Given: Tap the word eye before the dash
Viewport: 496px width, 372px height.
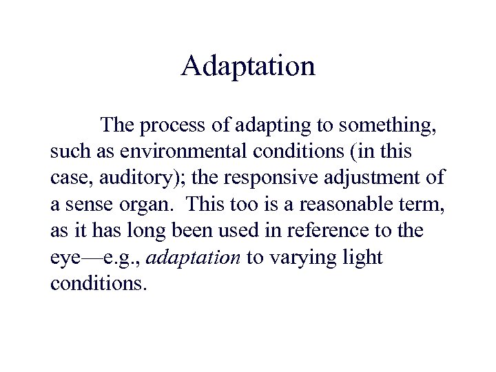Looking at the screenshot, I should click(66, 258).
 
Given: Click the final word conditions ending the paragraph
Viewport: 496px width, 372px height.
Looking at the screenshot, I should click(99, 282).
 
